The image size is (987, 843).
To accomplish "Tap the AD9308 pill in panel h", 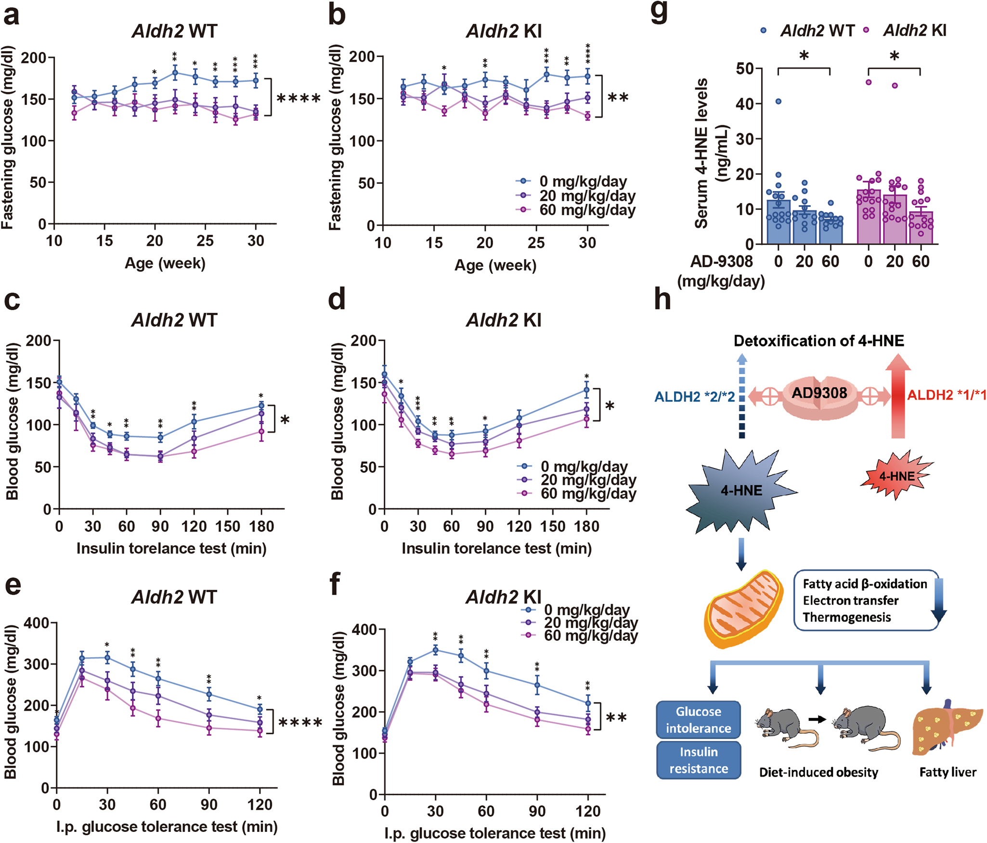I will click(x=819, y=394).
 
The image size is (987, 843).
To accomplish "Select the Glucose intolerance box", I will click(x=698, y=720).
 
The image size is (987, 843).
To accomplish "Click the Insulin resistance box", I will click(x=698, y=760).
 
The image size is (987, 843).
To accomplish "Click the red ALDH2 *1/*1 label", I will click(x=947, y=395).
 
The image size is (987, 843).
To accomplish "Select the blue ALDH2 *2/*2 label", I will click(x=694, y=397).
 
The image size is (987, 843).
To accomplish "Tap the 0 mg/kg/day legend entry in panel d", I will click(x=584, y=466).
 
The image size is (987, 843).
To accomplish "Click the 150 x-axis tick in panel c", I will click(x=228, y=526).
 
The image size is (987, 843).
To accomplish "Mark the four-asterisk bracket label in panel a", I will click(x=299, y=99).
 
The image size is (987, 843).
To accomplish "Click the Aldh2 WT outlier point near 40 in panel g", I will click(x=778, y=101).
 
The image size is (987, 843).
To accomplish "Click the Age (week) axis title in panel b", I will click(x=495, y=265).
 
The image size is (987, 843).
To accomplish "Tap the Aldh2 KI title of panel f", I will click(x=504, y=597).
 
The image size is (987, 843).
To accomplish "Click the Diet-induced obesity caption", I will click(x=818, y=772).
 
